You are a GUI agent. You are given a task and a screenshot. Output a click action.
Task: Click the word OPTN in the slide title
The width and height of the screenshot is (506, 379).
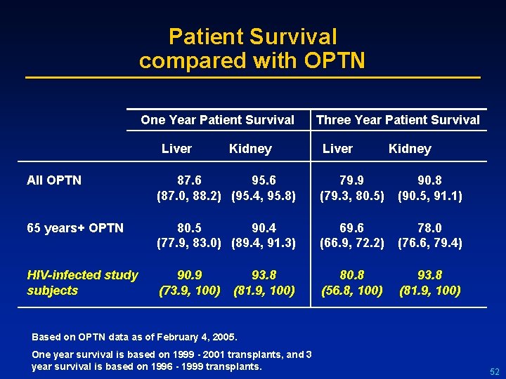[x=335, y=61]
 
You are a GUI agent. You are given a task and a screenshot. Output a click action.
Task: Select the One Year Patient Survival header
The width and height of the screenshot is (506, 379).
[x=217, y=120]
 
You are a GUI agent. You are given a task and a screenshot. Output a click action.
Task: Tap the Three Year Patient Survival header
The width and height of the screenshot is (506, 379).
[x=398, y=120]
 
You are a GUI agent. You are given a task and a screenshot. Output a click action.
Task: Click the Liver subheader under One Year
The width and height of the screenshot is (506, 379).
[x=176, y=148]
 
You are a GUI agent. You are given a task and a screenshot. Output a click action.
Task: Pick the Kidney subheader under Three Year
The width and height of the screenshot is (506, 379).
[x=410, y=148]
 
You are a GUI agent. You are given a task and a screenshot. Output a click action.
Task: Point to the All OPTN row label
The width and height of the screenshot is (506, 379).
[x=54, y=180]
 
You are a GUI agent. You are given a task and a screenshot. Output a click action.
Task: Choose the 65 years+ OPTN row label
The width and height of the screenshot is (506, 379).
[x=75, y=228]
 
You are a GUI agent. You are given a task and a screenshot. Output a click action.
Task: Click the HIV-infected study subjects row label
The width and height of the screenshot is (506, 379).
[x=82, y=283]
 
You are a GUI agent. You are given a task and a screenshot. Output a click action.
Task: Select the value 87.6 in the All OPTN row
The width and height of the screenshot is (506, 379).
[x=189, y=180]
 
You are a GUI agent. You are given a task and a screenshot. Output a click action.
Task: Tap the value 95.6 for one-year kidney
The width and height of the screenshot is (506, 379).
[x=264, y=180]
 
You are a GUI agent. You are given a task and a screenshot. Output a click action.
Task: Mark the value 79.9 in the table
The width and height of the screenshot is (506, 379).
[x=351, y=180]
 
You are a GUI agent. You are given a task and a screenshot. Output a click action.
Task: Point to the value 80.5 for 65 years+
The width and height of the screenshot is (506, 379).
[x=189, y=228]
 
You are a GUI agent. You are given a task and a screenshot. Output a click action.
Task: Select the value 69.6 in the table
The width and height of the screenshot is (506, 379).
[x=351, y=228]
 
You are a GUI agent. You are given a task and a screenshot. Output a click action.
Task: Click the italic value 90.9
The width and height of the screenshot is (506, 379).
[x=189, y=275]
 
